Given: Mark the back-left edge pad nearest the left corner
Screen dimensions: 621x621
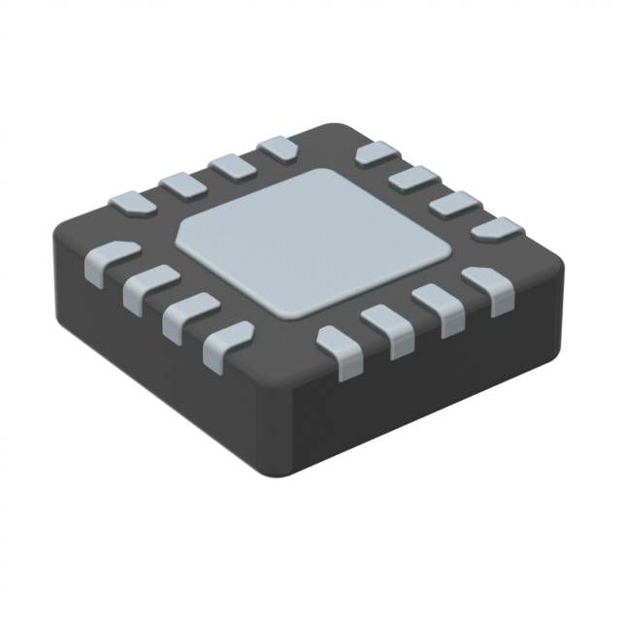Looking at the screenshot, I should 131,203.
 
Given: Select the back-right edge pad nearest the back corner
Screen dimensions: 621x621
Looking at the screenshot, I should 376,152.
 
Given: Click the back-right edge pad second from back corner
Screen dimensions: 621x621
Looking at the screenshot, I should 416,177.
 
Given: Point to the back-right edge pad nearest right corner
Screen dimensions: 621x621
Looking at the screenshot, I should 496,229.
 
